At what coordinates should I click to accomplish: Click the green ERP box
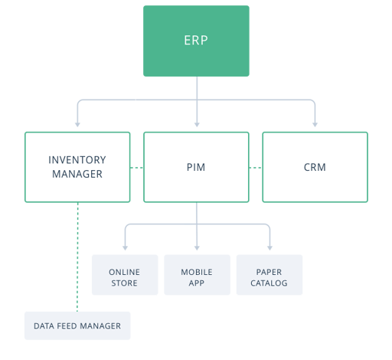pyautogui.click(x=196, y=41)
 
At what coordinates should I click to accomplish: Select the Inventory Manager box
pyautogui.click(x=77, y=167)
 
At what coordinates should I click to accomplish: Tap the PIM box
pyautogui.click(x=196, y=167)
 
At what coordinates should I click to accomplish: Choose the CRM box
pyautogui.click(x=315, y=167)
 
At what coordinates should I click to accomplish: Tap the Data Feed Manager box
pyautogui.click(x=77, y=326)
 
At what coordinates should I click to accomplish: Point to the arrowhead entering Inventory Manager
pyautogui.click(x=77, y=124)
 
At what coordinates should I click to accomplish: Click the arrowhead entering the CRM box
pyautogui.click(x=315, y=124)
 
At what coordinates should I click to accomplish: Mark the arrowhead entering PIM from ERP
pyautogui.click(x=197, y=124)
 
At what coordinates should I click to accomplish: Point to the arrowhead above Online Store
pyautogui.click(x=125, y=247)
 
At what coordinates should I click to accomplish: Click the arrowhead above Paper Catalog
pyautogui.click(x=269, y=247)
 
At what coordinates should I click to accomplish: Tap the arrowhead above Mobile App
pyautogui.click(x=197, y=247)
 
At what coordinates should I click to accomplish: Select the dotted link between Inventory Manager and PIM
pyautogui.click(x=137, y=167)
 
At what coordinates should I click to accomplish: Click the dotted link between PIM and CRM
pyautogui.click(x=255, y=167)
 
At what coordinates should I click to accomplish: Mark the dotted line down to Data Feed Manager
pyautogui.click(x=77, y=257)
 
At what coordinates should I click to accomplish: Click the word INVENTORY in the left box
pyautogui.click(x=77, y=160)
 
